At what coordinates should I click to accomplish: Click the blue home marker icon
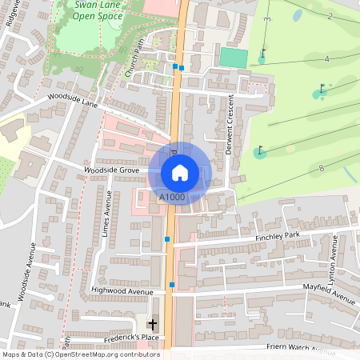click(180, 171)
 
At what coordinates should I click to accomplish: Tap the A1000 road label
click(172, 197)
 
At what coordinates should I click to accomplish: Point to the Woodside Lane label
click(72, 101)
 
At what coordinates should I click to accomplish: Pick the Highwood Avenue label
click(122, 291)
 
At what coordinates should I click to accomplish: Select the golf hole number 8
click(321, 168)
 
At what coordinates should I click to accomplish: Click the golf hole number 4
click(326, 60)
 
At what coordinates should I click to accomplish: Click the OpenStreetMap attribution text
click(80, 354)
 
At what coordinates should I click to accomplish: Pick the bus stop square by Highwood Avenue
click(172, 285)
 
